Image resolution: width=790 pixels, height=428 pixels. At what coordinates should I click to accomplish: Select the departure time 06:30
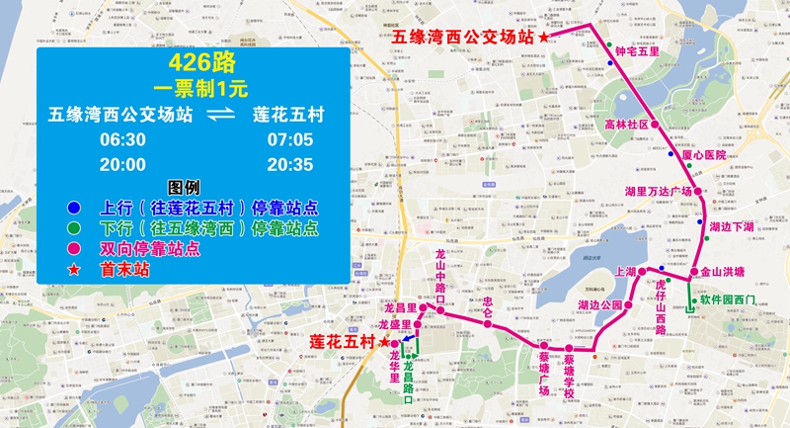point(119,140)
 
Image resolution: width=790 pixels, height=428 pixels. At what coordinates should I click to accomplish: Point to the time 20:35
point(289,164)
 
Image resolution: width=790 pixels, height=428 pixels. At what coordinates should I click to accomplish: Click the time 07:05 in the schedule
point(289,140)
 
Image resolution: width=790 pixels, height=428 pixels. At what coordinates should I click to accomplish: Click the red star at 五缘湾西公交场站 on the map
point(544,37)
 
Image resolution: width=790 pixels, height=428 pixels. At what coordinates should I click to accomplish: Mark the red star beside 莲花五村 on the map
point(384,340)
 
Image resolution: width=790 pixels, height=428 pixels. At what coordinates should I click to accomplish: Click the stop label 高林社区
point(627,126)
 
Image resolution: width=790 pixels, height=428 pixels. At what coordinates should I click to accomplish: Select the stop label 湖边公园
point(600,305)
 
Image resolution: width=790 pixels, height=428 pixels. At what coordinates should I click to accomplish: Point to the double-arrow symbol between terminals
point(222,115)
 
